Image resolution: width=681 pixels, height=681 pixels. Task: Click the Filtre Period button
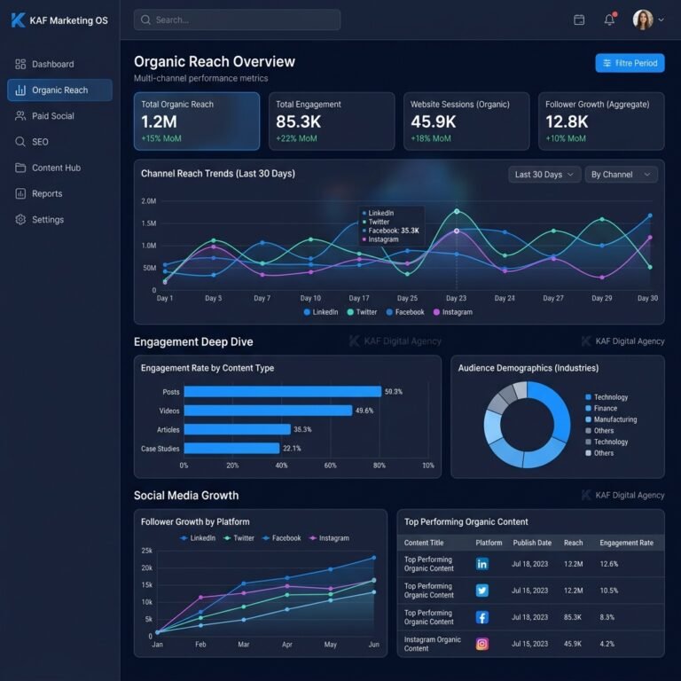tap(630, 64)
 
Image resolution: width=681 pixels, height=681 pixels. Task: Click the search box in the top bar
tap(237, 20)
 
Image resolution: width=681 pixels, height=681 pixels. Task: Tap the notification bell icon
tap(609, 20)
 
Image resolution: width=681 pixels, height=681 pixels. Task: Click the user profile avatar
tap(643, 20)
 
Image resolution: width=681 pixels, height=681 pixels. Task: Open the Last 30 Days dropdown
tap(544, 175)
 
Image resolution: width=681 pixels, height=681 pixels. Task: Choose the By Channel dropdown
tap(621, 175)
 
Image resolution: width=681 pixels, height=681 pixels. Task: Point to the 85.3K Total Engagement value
tap(298, 122)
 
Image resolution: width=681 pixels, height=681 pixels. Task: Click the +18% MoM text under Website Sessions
tap(431, 138)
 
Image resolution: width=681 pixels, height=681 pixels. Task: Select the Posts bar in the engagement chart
tap(283, 392)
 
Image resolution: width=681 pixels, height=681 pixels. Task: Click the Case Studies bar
tap(231, 448)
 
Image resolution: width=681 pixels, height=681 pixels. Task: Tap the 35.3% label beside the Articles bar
tap(302, 429)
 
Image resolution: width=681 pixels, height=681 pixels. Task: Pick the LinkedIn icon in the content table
tap(482, 564)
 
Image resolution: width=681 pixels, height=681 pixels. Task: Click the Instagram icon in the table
tap(482, 644)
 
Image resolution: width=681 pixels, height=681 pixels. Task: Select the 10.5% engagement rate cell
tap(609, 591)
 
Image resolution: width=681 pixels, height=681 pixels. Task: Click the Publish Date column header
tap(532, 543)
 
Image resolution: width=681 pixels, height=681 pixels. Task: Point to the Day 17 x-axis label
tap(359, 298)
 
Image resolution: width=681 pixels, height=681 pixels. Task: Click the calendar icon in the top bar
tap(579, 20)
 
